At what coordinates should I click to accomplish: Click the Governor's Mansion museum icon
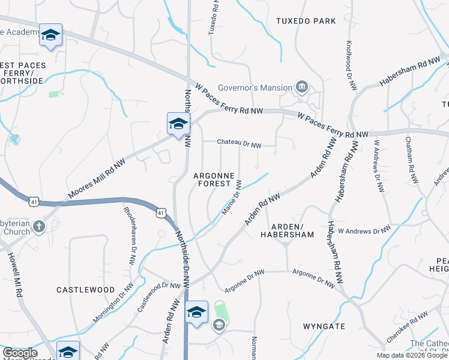tap(301, 88)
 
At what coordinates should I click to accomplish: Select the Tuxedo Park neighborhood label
tap(306, 21)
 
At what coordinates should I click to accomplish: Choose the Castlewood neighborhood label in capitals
tap(85, 290)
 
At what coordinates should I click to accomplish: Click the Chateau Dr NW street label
tap(239, 145)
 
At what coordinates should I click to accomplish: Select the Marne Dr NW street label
tap(231, 194)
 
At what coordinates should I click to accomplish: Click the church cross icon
tap(38, 226)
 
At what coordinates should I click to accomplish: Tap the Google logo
tap(20, 353)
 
